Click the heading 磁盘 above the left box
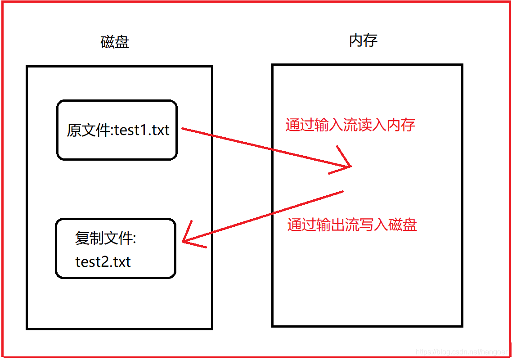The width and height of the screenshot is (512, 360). tap(115, 42)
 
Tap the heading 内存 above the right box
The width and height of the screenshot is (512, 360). tap(363, 40)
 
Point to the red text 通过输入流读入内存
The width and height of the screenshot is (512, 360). tap(350, 125)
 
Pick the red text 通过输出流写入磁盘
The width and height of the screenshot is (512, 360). tap(352, 224)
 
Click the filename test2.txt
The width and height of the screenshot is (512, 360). tap(103, 261)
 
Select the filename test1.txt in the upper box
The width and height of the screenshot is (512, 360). tap(142, 130)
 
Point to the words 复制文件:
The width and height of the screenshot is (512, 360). tap(105, 238)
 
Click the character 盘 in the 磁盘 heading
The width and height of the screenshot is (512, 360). tap(122, 42)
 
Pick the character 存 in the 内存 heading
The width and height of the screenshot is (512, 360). tap(370, 40)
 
